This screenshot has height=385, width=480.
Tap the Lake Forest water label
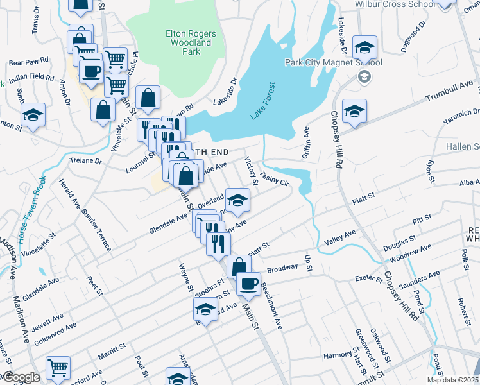tap(262, 99)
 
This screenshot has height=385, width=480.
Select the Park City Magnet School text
tap(334, 63)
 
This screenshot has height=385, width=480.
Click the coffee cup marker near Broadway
tap(248, 284)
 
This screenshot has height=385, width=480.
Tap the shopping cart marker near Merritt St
tap(58, 368)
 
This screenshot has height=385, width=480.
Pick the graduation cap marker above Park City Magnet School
tap(364, 47)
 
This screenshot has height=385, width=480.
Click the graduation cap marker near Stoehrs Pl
tap(206, 308)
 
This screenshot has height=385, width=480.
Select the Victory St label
tap(251, 171)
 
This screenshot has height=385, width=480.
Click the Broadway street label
tap(282, 268)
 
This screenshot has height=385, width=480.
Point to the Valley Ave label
tap(340, 239)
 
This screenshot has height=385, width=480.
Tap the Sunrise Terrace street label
tap(96, 218)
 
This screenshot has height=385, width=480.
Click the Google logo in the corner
tap(21, 377)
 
